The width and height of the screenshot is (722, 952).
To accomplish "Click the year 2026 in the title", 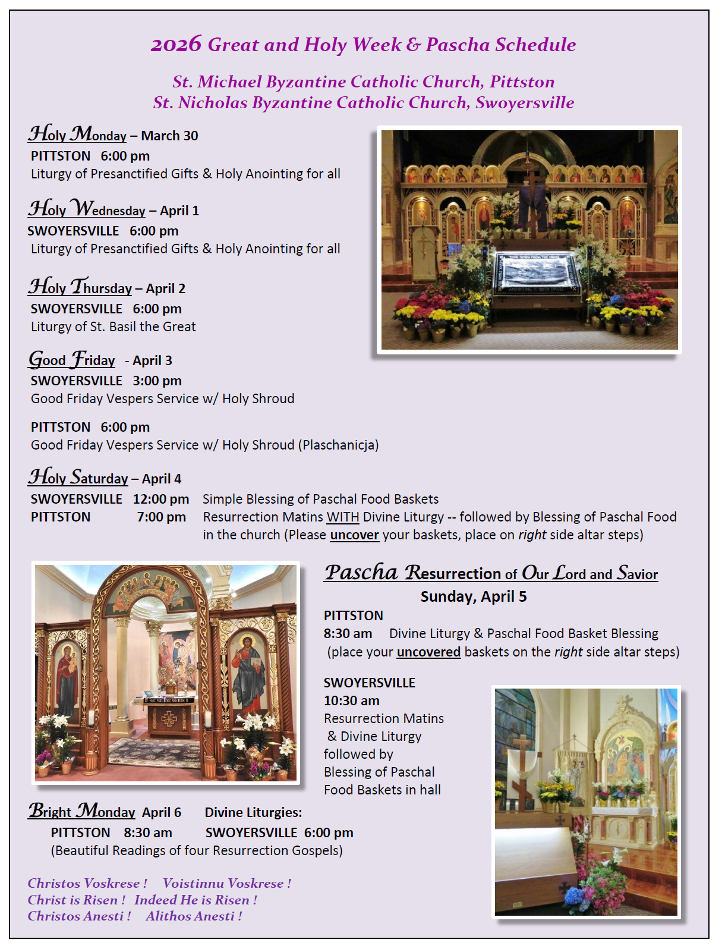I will [x=176, y=45].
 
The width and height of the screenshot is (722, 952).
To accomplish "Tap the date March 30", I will [x=169, y=136].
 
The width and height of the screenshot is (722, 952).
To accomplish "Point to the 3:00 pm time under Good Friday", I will [x=157, y=381].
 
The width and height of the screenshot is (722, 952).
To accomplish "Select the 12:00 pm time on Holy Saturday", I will [x=160, y=499].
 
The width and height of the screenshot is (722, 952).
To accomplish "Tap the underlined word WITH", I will [x=343, y=517].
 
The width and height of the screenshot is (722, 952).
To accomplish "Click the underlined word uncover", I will [x=354, y=535].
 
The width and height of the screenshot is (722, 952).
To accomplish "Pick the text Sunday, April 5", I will [x=474, y=596].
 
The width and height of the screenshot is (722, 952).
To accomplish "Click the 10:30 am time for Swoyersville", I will [x=351, y=700].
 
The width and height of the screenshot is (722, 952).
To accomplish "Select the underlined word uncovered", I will [x=428, y=652].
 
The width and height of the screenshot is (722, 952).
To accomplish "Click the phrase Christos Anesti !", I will [x=79, y=916].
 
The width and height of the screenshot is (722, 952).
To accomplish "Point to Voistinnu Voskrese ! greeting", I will [x=227, y=883].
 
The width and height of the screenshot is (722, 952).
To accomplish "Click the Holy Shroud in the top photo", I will [x=537, y=275].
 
